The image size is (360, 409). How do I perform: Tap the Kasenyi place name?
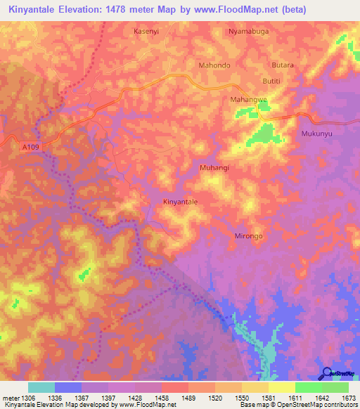[x=146, y=32]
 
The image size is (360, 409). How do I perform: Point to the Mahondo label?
[x=214, y=65]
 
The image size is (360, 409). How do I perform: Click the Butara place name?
[x=283, y=65]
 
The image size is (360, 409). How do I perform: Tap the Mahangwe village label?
[x=249, y=100]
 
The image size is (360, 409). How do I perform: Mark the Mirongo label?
[x=248, y=236]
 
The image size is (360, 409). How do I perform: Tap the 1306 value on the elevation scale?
[x=28, y=398]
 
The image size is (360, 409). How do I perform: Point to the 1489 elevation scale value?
[x=188, y=398]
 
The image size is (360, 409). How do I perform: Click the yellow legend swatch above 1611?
[x=282, y=387]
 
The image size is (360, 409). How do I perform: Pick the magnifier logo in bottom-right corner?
[x=327, y=374]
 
